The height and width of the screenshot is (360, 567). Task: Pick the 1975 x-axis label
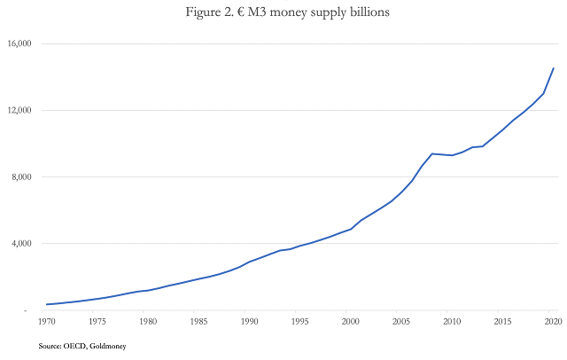(x=97, y=321)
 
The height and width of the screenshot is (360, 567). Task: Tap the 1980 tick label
(x=147, y=321)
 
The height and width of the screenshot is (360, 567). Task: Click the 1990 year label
(x=249, y=321)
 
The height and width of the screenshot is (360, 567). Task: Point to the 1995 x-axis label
(x=299, y=321)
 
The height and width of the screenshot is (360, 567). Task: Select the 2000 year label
(x=350, y=321)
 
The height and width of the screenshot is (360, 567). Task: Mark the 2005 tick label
(x=401, y=321)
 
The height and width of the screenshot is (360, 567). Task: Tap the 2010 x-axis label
(x=452, y=321)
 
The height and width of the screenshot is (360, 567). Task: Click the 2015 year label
(x=502, y=321)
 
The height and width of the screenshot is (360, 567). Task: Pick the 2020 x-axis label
(x=553, y=321)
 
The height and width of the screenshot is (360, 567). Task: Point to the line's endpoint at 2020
(x=554, y=68)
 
